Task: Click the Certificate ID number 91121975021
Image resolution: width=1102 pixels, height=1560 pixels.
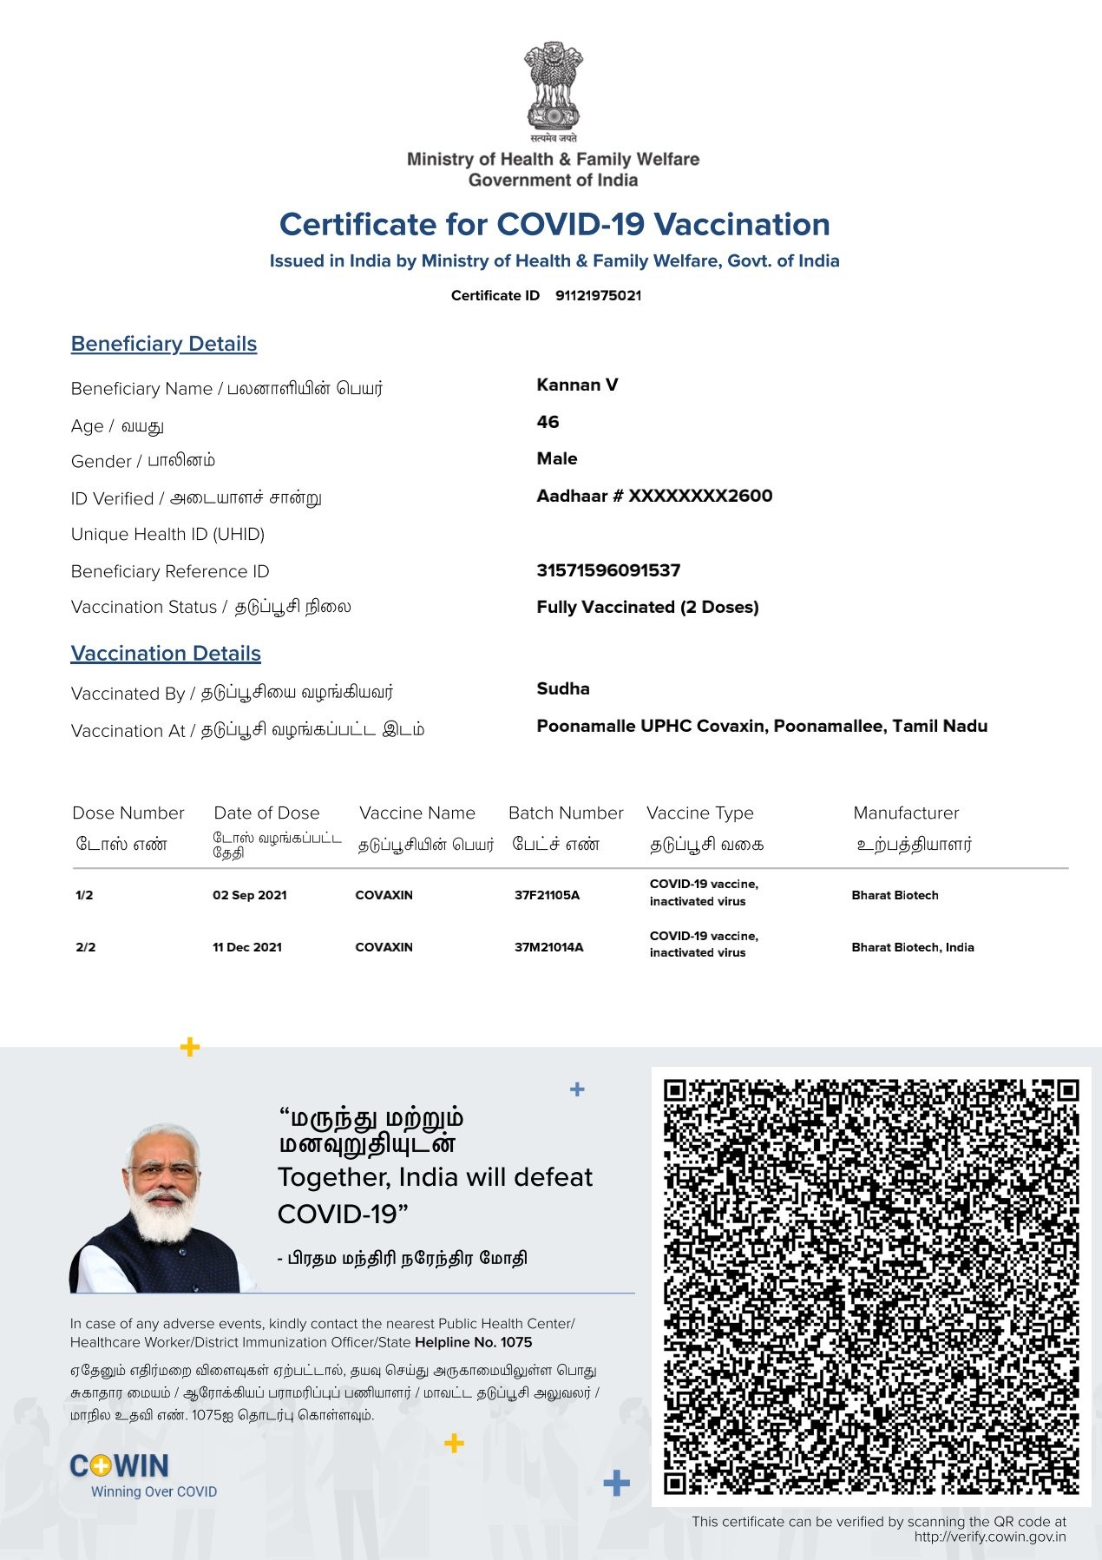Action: pos(598,295)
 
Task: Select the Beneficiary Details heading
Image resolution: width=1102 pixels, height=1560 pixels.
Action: pos(164,344)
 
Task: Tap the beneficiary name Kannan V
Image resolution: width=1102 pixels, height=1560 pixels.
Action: pos(577,385)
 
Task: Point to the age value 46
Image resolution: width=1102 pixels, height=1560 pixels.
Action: pos(548,422)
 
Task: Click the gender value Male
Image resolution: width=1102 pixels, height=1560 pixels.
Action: pos(556,458)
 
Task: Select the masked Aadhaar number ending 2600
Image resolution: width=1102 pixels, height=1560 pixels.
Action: pos(654,496)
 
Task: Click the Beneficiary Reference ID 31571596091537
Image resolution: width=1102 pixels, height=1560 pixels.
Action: pos(608,570)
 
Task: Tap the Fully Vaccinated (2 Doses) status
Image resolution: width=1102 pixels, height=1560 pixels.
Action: pos(647,607)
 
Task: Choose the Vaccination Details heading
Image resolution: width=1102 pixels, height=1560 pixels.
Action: pos(166,653)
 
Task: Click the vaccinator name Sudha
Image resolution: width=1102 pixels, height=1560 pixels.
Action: pos(562,688)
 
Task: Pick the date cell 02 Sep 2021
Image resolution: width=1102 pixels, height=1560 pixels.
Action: pos(249,895)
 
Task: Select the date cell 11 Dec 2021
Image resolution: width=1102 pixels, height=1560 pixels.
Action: pos(247,947)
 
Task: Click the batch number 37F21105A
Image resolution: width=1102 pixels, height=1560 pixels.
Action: pos(547,895)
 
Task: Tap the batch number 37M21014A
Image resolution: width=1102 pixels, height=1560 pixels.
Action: pos(548,947)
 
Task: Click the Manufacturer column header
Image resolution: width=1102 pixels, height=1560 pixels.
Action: pos(906,813)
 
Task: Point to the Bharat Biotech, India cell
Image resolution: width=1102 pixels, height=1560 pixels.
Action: pos(912,947)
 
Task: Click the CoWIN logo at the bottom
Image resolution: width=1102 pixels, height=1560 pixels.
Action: pos(120,1466)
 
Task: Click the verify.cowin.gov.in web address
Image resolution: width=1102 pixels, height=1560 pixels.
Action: pos(989,1537)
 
